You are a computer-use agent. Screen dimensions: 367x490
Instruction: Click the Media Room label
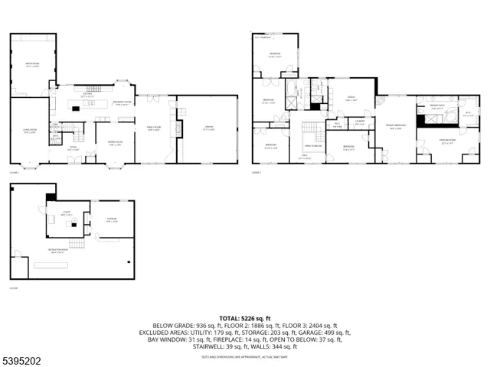32,64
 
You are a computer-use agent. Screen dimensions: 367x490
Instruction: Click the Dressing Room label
447,141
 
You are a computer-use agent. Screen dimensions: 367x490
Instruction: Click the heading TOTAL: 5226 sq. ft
245,317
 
